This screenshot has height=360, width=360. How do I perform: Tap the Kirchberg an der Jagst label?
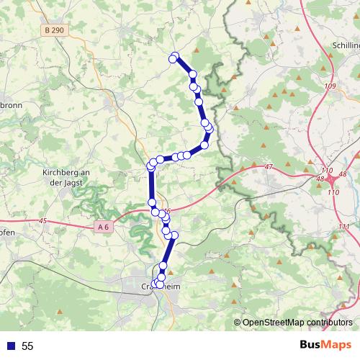pyautogui.click(x=65, y=177)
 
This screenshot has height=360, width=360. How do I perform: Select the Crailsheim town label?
pyautogui.click(x=159, y=287)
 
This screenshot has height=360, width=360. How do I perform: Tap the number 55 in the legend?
pyautogui.click(x=27, y=346)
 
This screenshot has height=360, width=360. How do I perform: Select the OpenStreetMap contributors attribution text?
pyautogui.click(x=297, y=323)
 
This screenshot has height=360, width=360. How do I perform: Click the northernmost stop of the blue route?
pyautogui.click(x=174, y=57)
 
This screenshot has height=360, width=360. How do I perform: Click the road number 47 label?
pyautogui.click(x=269, y=167)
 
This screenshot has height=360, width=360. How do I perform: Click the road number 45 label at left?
pyautogui.click(x=44, y=221)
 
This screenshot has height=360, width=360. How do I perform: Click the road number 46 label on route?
pyautogui.click(x=166, y=210)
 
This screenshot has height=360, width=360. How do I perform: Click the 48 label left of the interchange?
pyautogui.click(x=320, y=179)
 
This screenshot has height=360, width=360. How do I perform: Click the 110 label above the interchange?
pyautogui.click(x=328, y=171)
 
